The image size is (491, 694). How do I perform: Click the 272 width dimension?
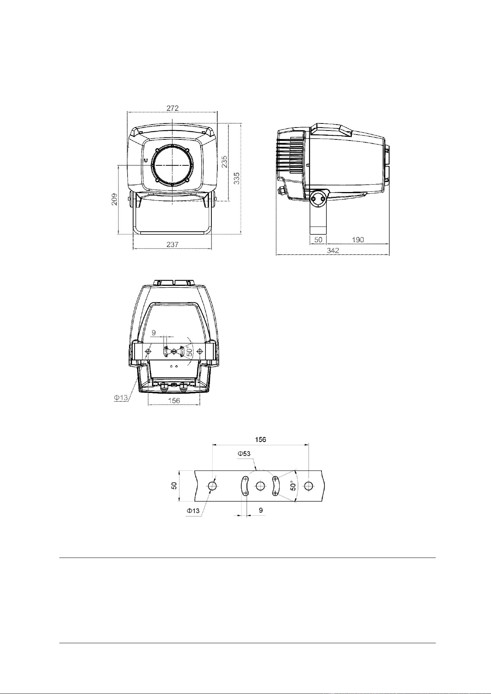pyautogui.click(x=172, y=108)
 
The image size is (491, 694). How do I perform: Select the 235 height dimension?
pyautogui.click(x=225, y=162)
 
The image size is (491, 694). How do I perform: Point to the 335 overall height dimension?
pyautogui.click(x=237, y=178)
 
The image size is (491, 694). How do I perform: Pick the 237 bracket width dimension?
pyautogui.click(x=172, y=244)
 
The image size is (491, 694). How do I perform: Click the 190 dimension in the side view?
pyautogui.click(x=358, y=240)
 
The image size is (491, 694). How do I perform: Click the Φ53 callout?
pyautogui.click(x=244, y=453)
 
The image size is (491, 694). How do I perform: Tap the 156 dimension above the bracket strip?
pyautogui.click(x=260, y=440)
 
